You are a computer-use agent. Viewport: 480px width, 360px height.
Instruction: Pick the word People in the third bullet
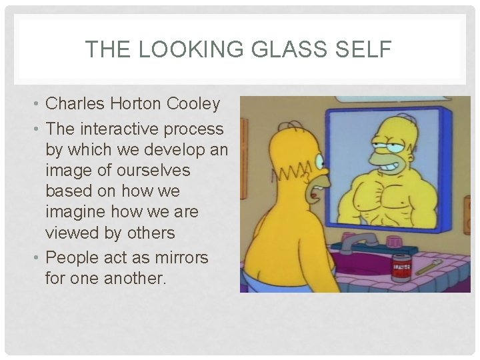click(71, 257)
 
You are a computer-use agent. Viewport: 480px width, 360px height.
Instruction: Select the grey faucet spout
click(353, 242)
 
